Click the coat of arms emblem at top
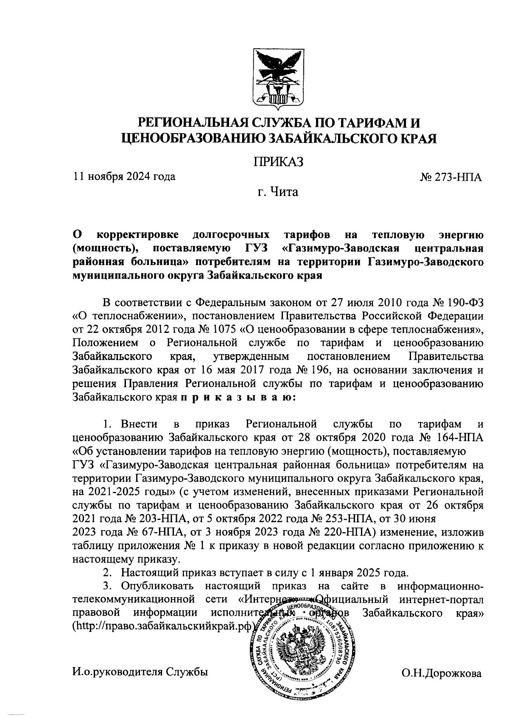279,77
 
